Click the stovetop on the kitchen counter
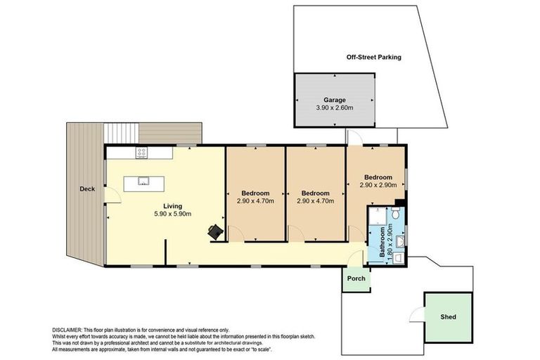[x=141, y=151]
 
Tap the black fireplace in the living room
[x=215, y=231]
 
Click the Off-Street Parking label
[x=373, y=57]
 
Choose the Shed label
[x=447, y=316]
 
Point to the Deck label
[x=87, y=188]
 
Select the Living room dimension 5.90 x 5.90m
[x=173, y=214]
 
